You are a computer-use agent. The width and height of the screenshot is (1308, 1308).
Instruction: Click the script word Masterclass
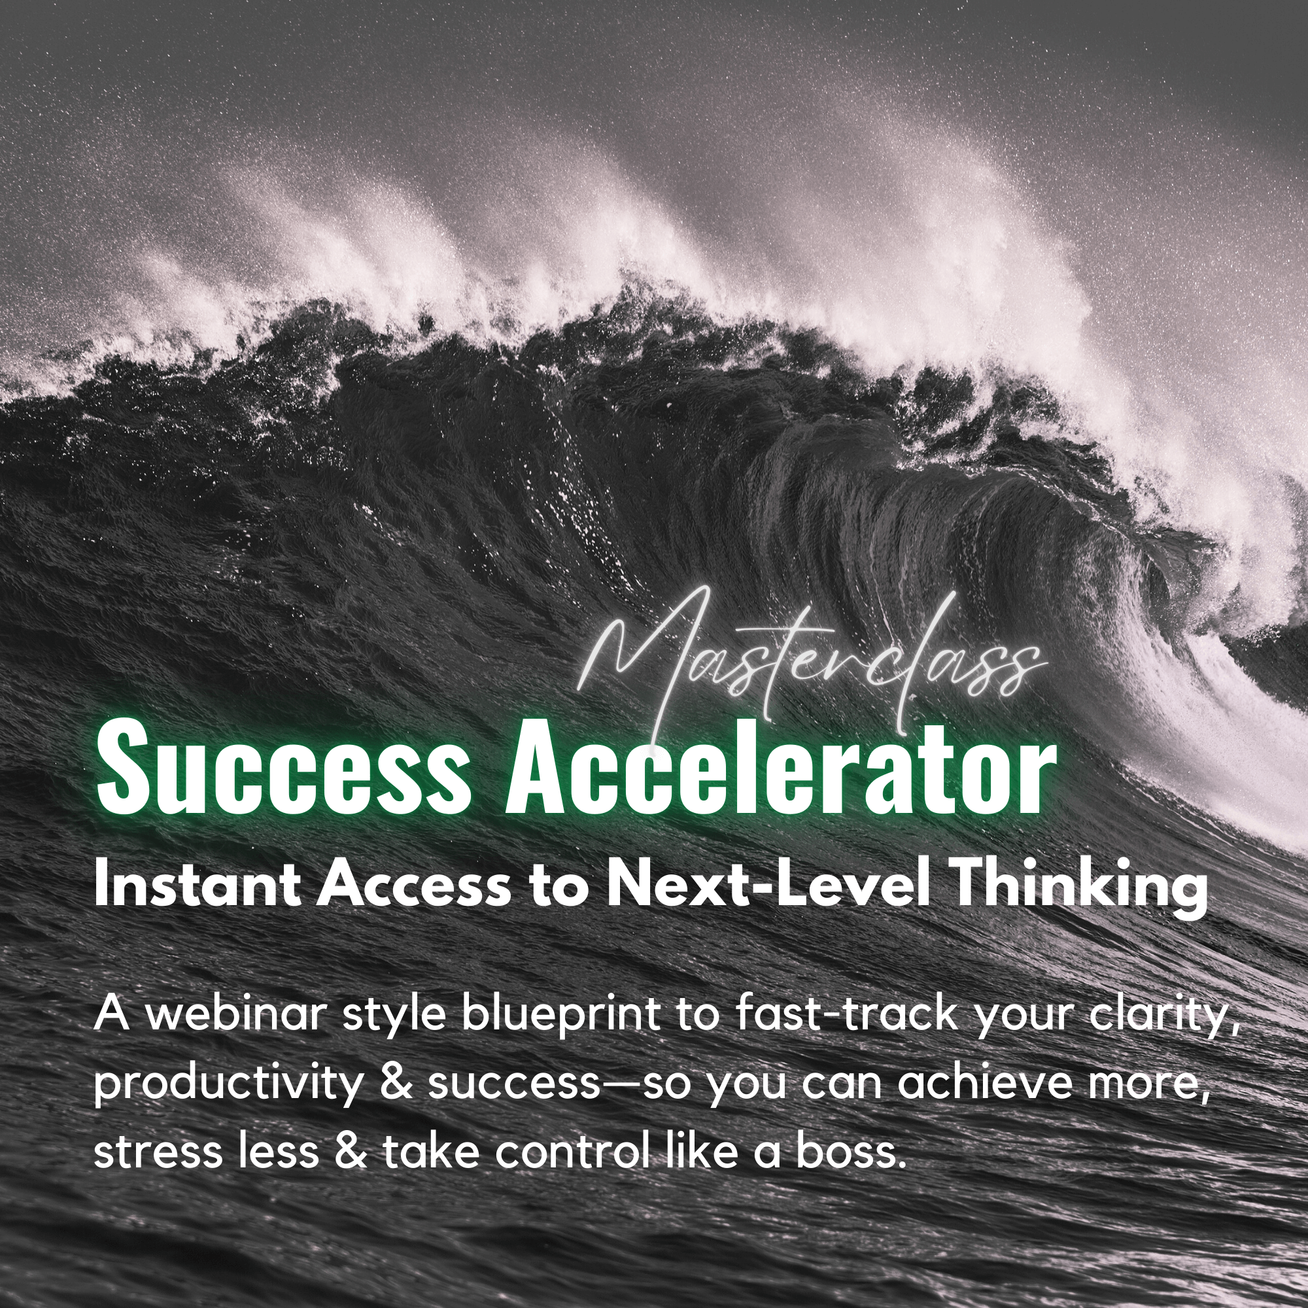(x=809, y=667)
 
